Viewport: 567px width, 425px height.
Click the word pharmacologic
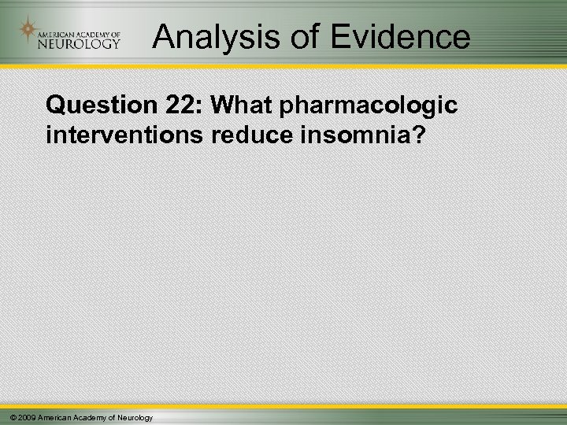pyautogui.click(x=359, y=105)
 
